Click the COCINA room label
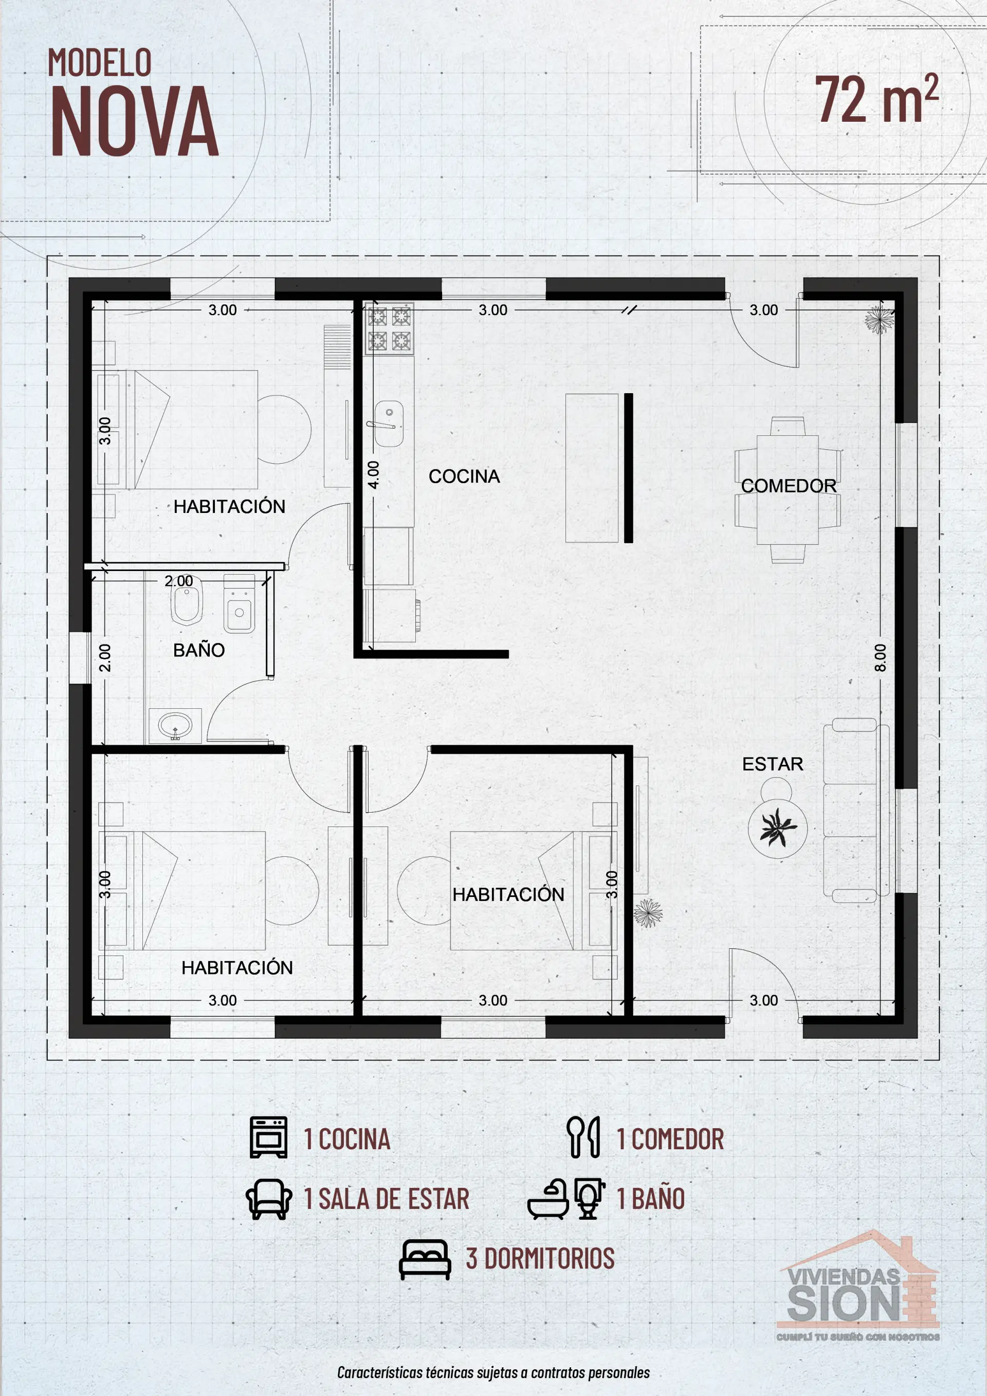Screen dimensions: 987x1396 [x=464, y=476]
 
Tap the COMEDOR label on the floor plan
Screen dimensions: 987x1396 [x=789, y=486]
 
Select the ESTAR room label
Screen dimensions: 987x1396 [x=772, y=764]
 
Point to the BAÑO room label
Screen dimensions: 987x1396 [x=199, y=650]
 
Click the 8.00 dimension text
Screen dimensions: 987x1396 [x=880, y=657]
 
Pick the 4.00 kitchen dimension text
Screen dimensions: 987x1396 [x=373, y=475]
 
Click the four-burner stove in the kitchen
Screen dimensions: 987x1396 [x=389, y=329]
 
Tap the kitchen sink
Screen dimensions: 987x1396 [x=385, y=424]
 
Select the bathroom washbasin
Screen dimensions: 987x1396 [x=175, y=725]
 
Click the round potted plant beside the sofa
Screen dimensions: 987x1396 [x=778, y=828]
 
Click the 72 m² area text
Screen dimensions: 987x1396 [x=877, y=99]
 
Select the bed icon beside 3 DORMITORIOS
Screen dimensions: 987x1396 [x=425, y=1260]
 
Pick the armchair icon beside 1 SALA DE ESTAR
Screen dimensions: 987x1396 [x=269, y=1199]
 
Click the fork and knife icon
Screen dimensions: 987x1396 [x=583, y=1136]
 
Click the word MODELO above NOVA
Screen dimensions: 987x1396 [x=100, y=63]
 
